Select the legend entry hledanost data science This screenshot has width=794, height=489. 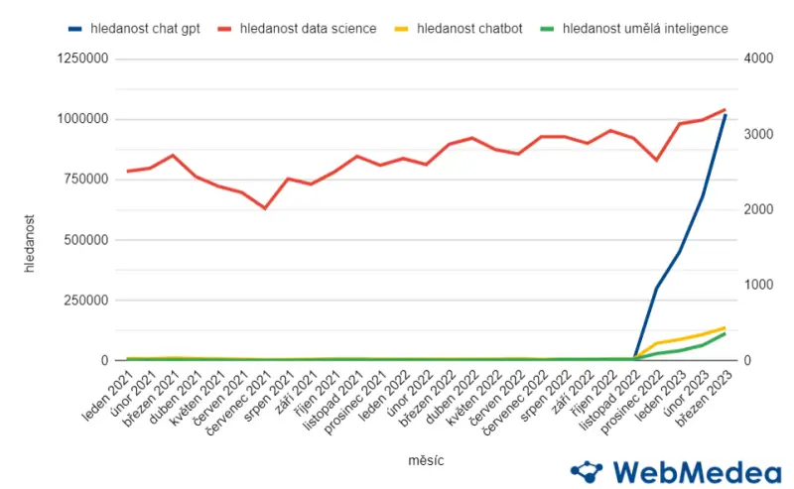308,29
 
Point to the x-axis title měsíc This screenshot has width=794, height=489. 426,461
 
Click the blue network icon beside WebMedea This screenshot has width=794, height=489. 587,471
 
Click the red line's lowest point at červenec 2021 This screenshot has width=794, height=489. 265,208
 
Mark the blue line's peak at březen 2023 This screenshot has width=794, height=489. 726,115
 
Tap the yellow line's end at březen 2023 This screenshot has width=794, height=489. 726,327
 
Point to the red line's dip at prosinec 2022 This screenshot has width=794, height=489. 656,160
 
